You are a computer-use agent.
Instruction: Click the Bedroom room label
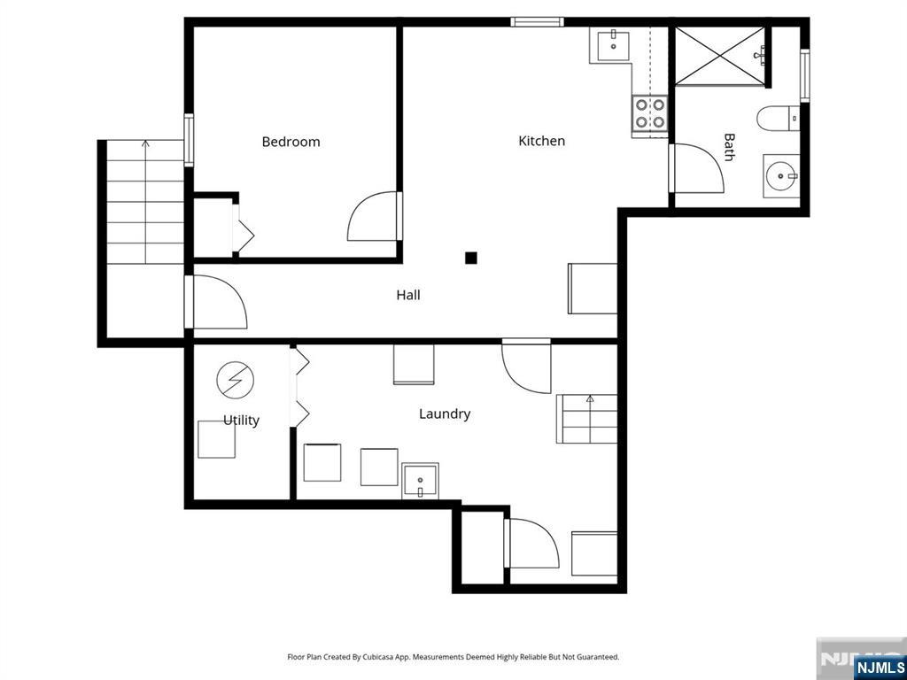[291, 142]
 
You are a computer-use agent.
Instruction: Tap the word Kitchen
[541, 141]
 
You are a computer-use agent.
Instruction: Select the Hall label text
[407, 295]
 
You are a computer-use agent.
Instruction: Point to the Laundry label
[445, 414]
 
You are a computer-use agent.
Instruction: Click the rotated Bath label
[730, 147]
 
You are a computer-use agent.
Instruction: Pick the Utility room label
[241, 421]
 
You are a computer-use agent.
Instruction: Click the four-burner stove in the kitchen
[650, 113]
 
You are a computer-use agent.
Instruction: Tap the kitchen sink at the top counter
[613, 46]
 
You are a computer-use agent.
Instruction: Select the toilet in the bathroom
[778, 119]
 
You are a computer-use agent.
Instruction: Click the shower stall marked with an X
[719, 56]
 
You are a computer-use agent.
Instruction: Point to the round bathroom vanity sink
[781, 176]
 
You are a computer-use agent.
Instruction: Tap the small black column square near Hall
[471, 258]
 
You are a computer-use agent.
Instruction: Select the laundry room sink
[420, 481]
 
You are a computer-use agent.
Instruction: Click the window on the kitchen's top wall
[537, 22]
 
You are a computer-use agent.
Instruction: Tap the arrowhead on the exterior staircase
[145, 143]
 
